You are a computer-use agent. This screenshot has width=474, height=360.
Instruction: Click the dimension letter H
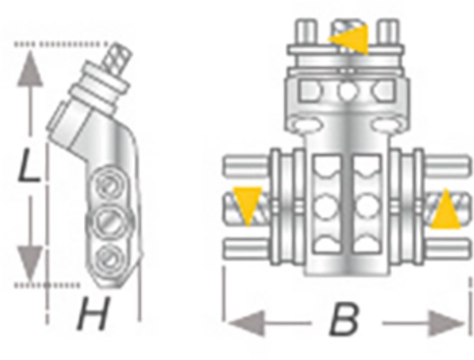click(93, 313)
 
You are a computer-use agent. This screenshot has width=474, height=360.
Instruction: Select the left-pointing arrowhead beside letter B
click(247, 323)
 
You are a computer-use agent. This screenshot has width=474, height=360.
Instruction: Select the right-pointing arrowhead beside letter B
click(446, 323)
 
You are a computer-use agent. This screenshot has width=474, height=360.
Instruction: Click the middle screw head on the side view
click(109, 222)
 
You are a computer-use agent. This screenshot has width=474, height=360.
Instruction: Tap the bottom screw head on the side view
click(110, 258)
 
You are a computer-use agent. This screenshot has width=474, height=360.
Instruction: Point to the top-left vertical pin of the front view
click(306, 33)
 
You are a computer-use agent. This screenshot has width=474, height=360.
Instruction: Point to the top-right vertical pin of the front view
click(389, 33)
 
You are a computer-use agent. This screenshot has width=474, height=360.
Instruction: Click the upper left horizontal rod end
click(245, 165)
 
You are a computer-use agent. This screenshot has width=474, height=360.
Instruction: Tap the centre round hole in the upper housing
click(347, 91)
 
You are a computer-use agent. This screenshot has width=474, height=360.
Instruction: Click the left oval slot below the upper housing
click(306, 125)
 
